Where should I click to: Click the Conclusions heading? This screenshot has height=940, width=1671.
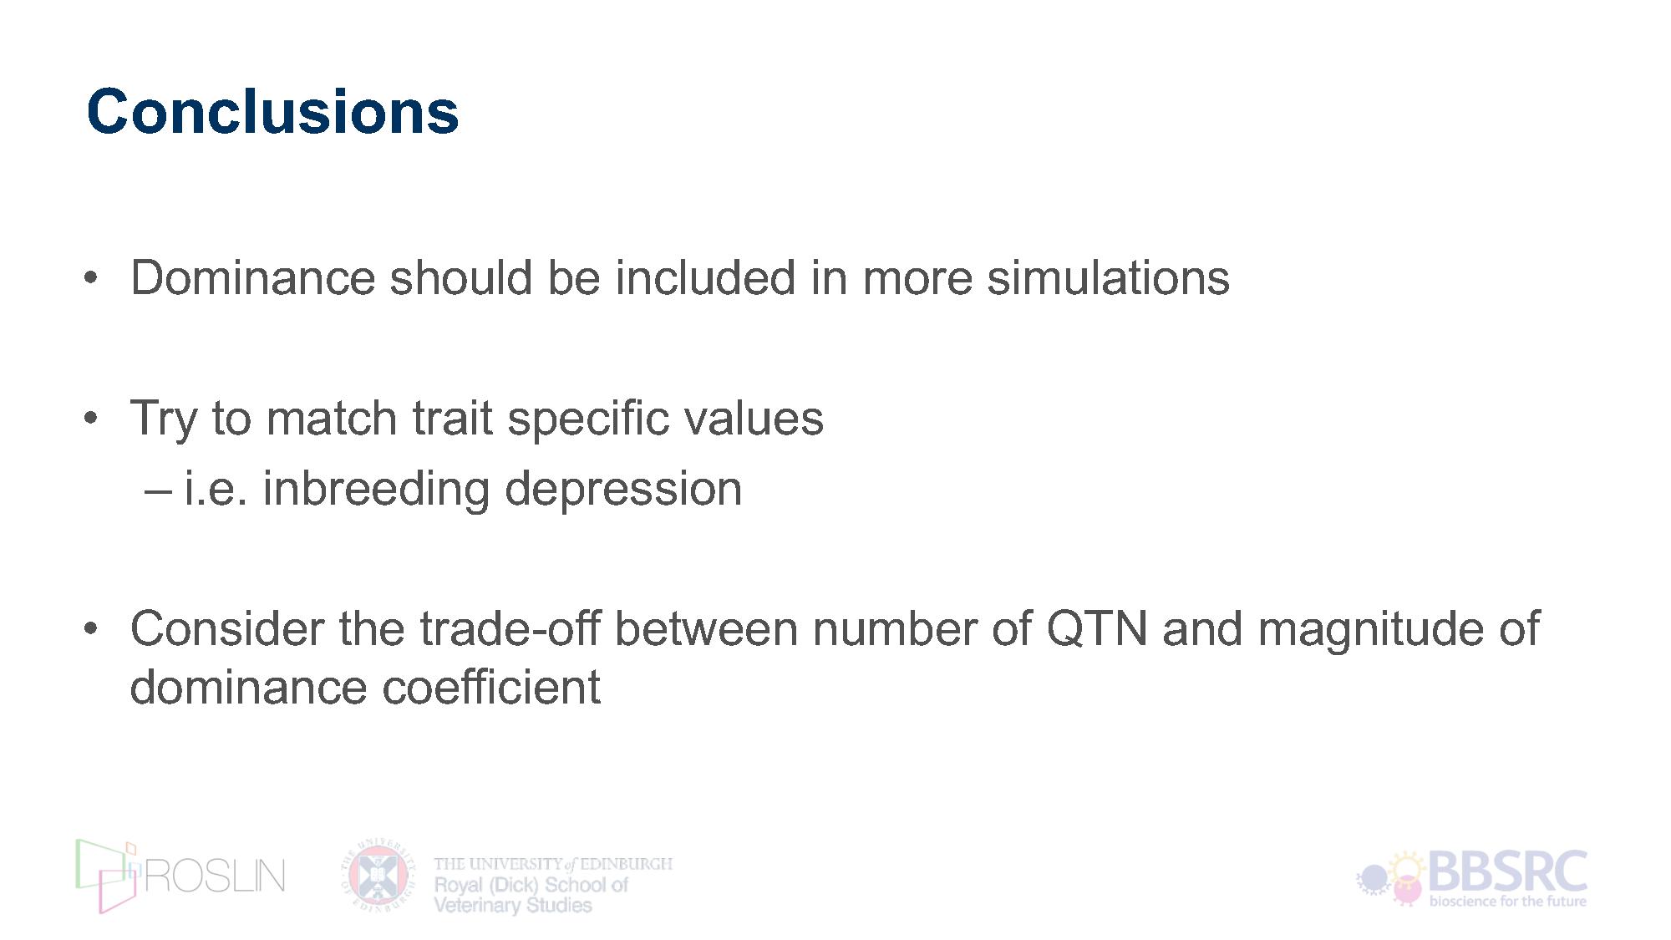[272, 111]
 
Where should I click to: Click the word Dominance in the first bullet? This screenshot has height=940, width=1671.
[253, 277]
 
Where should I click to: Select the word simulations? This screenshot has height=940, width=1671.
[1108, 277]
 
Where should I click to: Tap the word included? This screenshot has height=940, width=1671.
[705, 277]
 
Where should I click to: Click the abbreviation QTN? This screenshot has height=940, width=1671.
[1097, 628]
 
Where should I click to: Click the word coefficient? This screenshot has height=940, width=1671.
[491, 687]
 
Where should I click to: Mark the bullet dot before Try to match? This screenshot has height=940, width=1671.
[91, 418]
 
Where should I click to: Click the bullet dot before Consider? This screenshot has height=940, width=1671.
[91, 628]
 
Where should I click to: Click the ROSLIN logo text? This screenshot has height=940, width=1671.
[216, 876]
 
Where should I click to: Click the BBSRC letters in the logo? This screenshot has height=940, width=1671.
[1508, 872]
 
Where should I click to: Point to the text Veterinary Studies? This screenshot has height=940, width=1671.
[513, 905]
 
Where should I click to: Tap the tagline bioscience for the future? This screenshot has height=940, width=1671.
[1508, 902]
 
